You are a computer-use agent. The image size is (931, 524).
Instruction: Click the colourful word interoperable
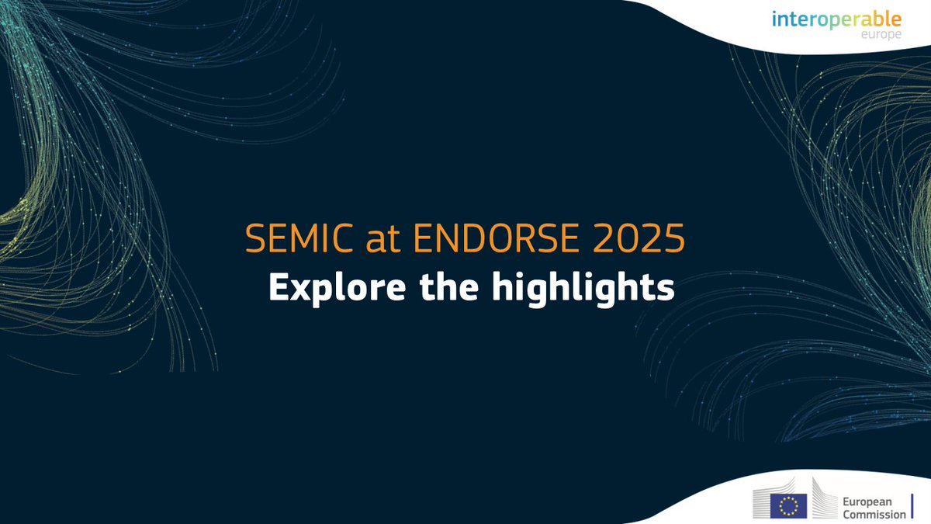[x=836, y=19]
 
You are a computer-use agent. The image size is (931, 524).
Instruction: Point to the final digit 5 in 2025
[x=674, y=240]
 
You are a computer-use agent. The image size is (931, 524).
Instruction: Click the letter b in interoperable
[x=877, y=18]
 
